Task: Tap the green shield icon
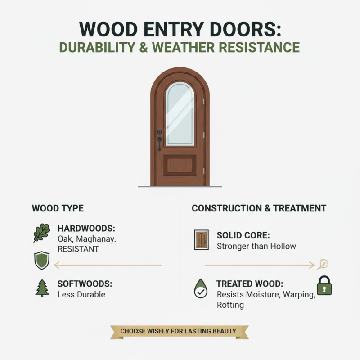(x=42, y=261)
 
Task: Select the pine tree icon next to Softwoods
(x=42, y=288)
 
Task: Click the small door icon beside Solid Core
(x=201, y=239)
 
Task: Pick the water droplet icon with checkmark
(x=200, y=288)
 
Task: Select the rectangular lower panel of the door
(x=180, y=165)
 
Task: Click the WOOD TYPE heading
(x=58, y=208)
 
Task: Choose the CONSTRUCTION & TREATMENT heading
(x=259, y=208)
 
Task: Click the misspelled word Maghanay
(x=98, y=238)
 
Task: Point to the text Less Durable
(x=81, y=294)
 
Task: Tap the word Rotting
(x=230, y=305)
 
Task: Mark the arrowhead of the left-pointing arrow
(x=55, y=265)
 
